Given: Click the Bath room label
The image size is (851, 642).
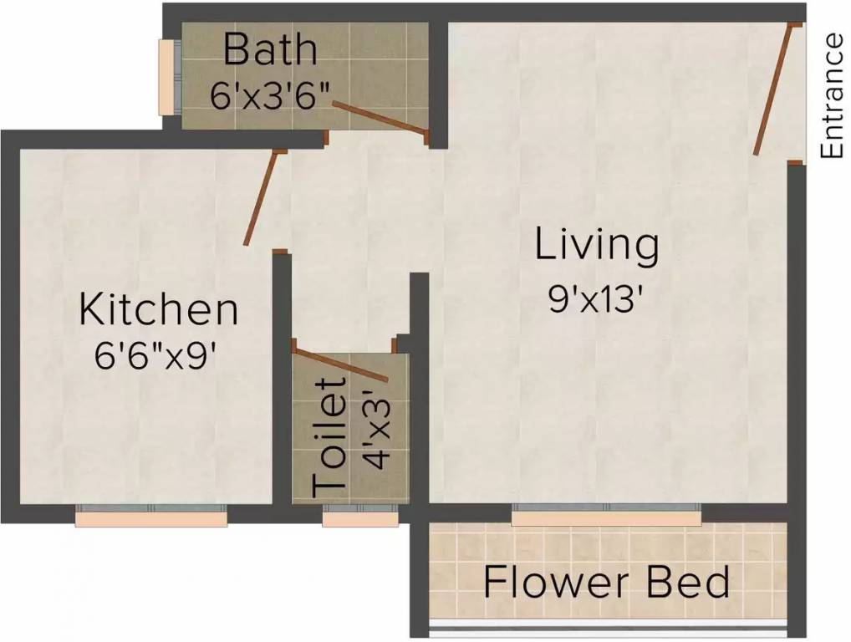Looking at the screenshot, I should coord(270,49).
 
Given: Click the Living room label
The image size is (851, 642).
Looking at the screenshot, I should coord(597,246).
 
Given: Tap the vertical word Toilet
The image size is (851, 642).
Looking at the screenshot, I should coord(330,436).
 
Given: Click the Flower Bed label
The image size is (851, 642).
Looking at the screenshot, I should coord(607,582).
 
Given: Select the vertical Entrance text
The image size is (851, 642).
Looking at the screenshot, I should coord(832,96).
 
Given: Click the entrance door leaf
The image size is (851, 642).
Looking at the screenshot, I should coord(772,90).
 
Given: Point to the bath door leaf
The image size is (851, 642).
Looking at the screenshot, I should coord(380,118).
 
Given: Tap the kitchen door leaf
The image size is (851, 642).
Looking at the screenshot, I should coord(260,198).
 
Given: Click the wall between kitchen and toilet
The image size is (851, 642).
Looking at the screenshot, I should coord(282,385).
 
